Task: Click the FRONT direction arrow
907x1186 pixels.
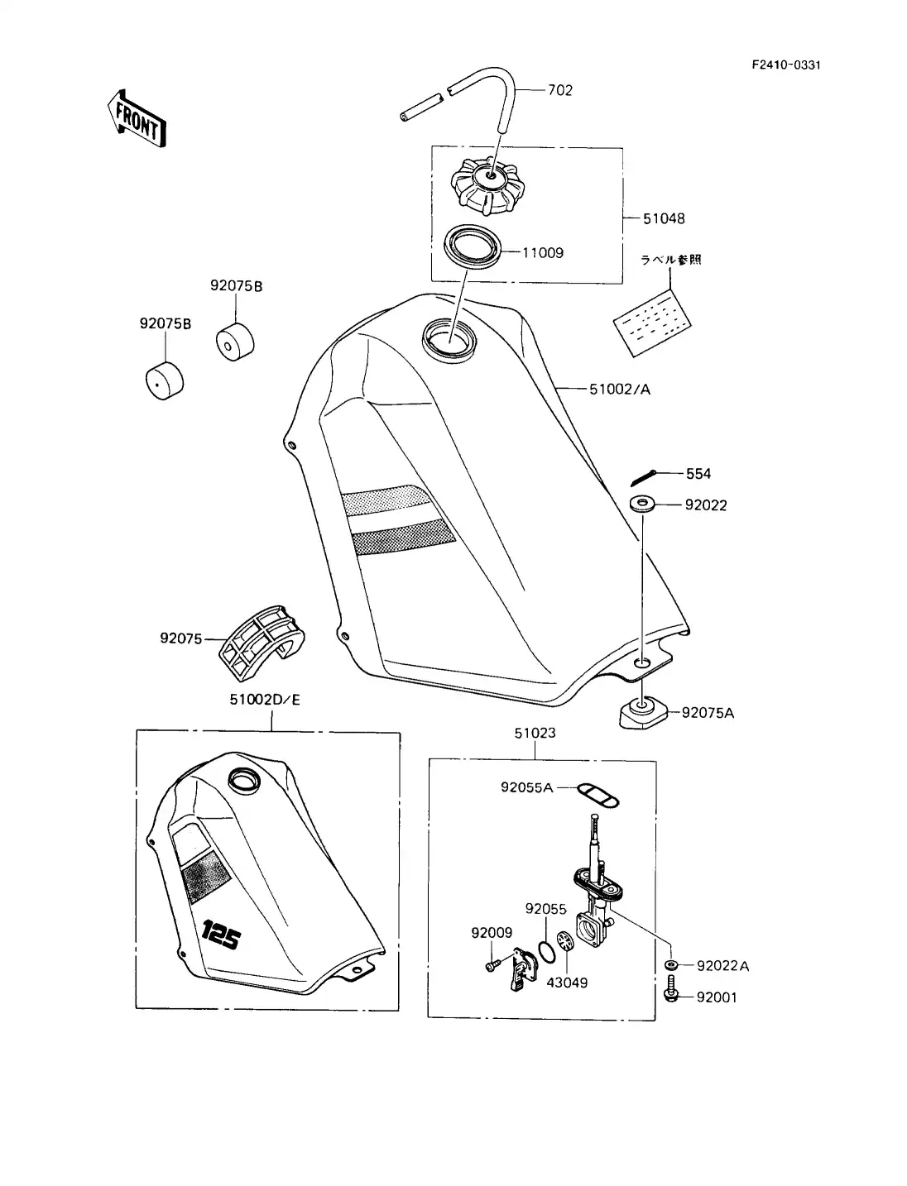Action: [x=137, y=119]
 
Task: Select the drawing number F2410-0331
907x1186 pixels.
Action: [x=785, y=65]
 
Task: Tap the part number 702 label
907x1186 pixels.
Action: [x=559, y=90]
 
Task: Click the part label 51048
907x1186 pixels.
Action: [x=664, y=219]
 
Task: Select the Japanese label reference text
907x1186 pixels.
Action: [x=670, y=260]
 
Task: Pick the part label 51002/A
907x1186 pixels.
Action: [x=619, y=389]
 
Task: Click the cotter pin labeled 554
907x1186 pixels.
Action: [x=644, y=477]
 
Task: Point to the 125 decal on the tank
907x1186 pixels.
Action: [x=220, y=936]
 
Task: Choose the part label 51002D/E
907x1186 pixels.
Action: [x=265, y=700]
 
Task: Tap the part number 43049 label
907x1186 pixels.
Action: [x=567, y=983]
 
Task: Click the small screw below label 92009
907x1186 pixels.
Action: [x=492, y=964]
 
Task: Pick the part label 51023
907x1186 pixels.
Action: [x=535, y=733]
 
